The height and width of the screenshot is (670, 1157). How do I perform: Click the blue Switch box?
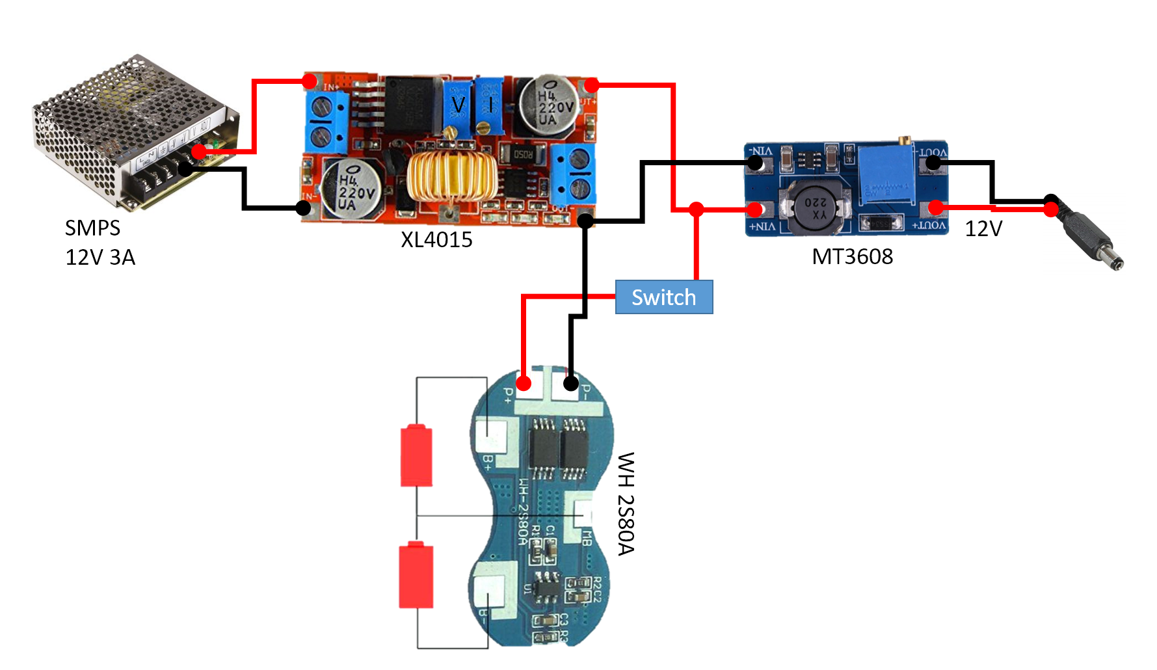pos(663,297)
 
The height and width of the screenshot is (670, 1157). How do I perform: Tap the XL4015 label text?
pos(436,240)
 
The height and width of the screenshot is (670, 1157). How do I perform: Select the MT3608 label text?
pos(852,257)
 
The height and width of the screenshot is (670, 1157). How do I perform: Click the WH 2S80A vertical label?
pos(626,503)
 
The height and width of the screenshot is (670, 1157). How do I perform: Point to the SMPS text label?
pos(92,228)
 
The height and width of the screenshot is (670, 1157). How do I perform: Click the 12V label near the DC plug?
pos(983,229)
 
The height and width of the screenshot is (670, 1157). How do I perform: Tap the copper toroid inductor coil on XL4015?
pos(451,176)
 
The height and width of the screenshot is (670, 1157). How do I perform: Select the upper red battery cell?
pos(416,455)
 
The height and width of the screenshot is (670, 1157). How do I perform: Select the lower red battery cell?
pos(416,575)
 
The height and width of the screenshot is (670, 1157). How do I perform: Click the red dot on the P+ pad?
pos(524,383)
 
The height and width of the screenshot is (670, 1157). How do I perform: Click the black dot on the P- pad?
pos(570,383)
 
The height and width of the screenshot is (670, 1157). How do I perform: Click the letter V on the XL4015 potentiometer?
pos(459,104)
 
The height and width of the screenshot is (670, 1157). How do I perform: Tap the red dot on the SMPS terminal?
pos(199,152)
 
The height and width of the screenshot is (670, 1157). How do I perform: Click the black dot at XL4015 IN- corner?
pos(303,208)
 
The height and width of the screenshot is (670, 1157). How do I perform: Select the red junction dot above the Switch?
pos(697,209)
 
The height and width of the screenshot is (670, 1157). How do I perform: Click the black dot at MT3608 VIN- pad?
pos(755,162)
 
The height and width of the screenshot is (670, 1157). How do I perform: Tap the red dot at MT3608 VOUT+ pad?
pos(936,208)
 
